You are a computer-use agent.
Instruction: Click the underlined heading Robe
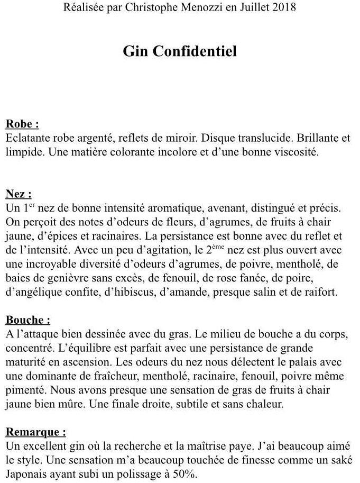(x=22, y=124)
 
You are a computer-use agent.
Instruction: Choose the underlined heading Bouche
(x=27, y=320)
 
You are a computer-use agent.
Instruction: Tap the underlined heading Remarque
(x=35, y=432)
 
